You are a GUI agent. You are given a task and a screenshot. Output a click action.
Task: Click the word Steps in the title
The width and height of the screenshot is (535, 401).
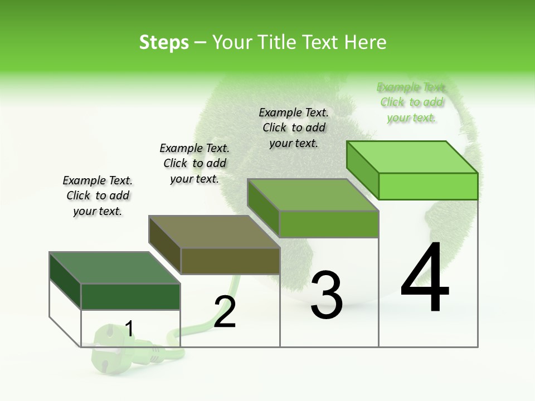pos(163,42)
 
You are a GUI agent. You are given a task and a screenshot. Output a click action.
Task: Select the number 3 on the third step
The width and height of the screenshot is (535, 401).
pos(327,296)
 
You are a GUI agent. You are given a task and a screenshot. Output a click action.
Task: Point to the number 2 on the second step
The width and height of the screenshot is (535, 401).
pos(225,312)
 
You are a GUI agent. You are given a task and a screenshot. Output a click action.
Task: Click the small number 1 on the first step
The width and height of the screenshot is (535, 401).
pos(129,329)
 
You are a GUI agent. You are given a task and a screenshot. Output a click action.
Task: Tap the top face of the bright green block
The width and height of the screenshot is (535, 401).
pos(412,157)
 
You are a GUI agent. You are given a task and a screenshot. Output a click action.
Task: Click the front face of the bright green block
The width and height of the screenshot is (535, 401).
pos(428,186)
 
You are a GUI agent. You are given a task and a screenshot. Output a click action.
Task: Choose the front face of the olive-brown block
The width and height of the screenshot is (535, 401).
pos(230,261)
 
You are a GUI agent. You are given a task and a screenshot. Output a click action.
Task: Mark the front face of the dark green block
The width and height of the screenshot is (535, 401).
pos(130,296)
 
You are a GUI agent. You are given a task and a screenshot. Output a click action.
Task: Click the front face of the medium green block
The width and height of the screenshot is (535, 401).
pos(329,224)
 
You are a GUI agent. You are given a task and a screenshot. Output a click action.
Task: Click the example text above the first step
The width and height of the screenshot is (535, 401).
pos(98,196)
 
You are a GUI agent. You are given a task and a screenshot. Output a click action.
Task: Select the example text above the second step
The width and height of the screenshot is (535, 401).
pos(194,164)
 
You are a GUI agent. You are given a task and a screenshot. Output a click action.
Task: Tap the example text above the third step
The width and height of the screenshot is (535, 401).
pos(294,128)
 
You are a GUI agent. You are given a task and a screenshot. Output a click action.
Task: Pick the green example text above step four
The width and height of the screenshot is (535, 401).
pos(411,102)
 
